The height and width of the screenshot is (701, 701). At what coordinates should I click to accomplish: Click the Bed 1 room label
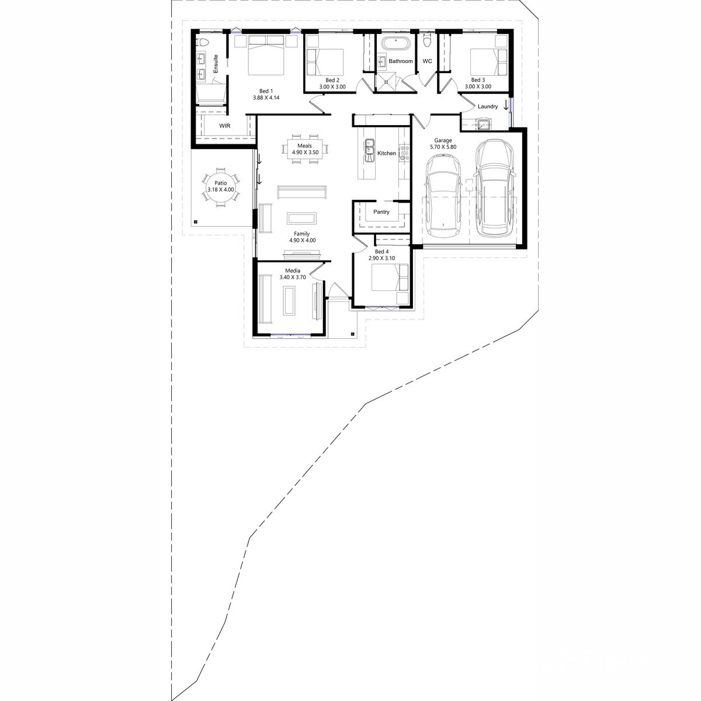tap(266, 91)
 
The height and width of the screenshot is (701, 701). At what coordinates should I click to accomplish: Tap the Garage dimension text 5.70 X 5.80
tap(443, 147)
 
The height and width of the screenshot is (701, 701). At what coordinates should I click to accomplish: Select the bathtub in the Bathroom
tap(395, 44)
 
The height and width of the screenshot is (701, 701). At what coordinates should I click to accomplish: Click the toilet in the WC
tap(427, 40)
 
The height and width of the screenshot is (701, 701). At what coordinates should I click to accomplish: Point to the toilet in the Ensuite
tap(202, 42)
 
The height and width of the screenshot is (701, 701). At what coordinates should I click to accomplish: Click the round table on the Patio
tap(220, 186)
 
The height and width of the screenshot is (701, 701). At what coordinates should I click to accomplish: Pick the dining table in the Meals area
tap(305, 149)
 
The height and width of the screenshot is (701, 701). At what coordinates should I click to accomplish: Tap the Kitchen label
tap(386, 153)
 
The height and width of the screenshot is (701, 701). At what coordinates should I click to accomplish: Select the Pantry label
tap(381, 211)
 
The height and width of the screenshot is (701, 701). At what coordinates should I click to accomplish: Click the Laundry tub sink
tap(484, 124)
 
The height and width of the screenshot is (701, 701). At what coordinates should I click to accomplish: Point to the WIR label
tap(224, 126)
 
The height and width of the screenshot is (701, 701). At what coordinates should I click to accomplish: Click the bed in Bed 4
tap(390, 277)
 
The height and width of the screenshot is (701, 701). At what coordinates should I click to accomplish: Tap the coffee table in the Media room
tap(290, 300)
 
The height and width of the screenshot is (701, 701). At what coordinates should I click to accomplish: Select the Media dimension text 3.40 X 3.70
tap(293, 277)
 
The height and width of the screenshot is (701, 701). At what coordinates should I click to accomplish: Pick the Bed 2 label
tap(332, 80)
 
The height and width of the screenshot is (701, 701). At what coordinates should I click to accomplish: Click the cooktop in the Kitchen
tap(404, 153)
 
